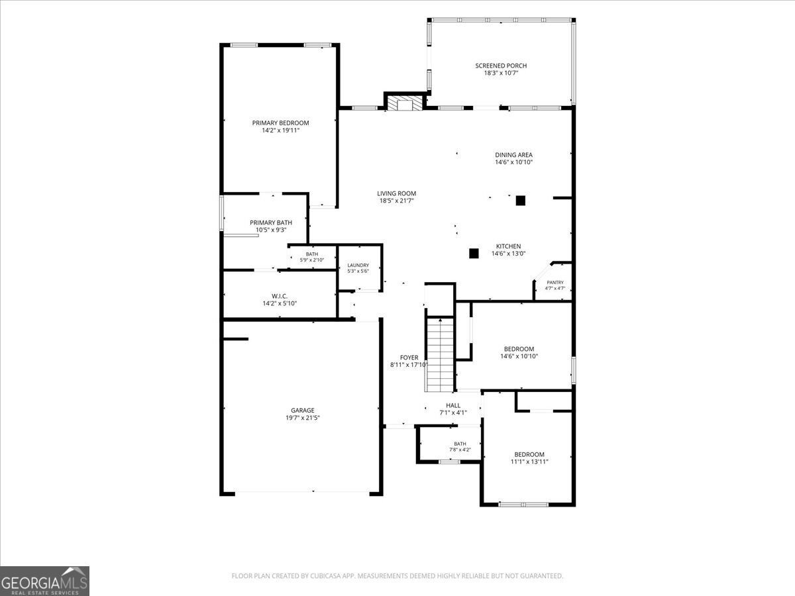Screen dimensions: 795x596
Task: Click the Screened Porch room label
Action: point(501,66)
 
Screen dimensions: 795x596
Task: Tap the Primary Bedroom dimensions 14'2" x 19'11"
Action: point(281,130)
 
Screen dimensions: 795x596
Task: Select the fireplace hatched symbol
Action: point(405,103)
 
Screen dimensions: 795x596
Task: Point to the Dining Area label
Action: point(513,155)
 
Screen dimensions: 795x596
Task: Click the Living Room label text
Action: point(397,193)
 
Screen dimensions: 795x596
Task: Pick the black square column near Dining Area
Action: point(521,201)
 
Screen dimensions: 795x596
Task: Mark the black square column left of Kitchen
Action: point(474,254)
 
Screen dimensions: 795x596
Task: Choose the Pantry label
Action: point(555,282)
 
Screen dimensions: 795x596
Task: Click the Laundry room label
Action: point(358,266)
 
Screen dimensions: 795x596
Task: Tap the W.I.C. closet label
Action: point(280,297)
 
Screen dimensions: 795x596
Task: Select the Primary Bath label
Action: point(271,223)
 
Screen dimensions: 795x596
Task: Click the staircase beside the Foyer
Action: point(440,354)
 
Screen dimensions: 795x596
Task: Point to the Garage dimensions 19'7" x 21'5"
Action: point(303,418)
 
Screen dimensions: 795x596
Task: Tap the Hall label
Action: point(453,405)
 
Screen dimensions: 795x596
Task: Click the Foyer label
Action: point(409,358)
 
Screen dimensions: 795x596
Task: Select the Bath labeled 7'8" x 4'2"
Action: point(460,446)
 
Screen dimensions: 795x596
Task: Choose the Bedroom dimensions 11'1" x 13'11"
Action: point(529,462)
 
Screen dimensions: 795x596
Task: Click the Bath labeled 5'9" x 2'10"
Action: point(312,257)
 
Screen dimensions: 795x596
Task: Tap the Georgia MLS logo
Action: point(44,581)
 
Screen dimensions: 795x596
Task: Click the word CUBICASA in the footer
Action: point(325,575)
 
